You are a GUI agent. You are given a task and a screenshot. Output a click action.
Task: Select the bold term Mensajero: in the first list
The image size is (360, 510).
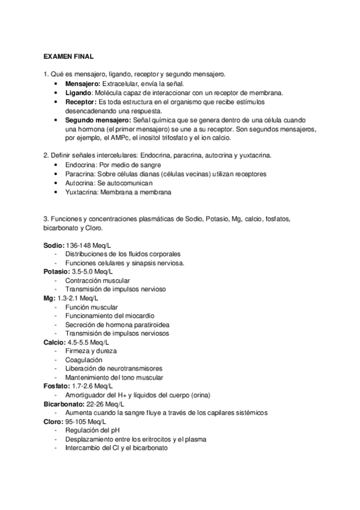(x=83, y=84)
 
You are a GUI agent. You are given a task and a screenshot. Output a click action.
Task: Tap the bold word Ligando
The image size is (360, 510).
(x=78, y=93)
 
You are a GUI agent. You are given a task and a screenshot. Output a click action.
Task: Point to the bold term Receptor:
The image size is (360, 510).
(x=81, y=102)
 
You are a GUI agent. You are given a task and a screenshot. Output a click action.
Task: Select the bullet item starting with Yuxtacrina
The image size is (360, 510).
(x=118, y=192)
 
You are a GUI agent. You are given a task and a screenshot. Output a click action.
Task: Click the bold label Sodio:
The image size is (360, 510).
(x=53, y=245)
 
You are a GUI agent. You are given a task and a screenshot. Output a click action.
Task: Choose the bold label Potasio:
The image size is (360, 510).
(x=56, y=272)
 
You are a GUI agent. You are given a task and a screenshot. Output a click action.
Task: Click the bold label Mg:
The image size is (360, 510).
(x=49, y=298)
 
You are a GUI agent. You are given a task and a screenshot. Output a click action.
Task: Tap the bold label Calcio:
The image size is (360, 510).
(x=55, y=342)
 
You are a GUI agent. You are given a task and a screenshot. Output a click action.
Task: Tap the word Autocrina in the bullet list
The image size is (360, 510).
(x=78, y=183)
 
